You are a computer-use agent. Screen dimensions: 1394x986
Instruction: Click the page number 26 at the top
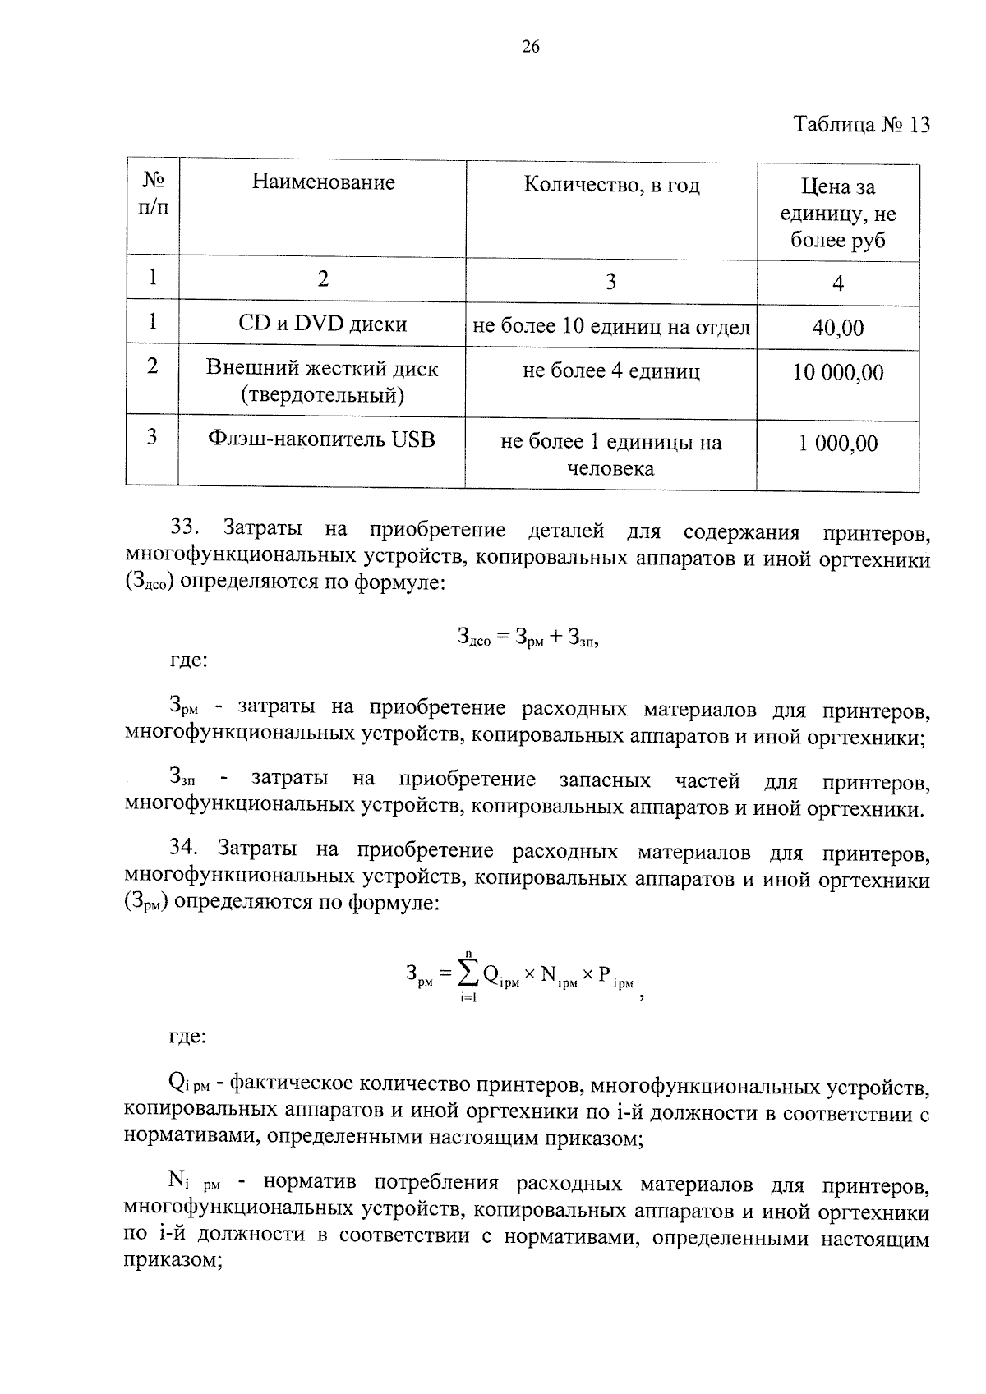(x=530, y=47)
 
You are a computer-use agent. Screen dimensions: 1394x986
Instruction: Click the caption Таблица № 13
(x=862, y=125)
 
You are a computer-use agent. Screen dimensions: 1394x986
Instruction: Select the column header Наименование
(x=323, y=182)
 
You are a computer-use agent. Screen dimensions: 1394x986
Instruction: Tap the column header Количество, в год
(x=611, y=186)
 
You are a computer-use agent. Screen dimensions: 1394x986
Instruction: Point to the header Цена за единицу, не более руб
(x=837, y=214)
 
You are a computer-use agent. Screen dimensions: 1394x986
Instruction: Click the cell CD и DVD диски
(x=323, y=324)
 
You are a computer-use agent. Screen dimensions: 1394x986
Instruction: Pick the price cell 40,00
(x=837, y=329)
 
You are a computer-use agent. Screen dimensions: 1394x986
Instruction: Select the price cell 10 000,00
(x=837, y=373)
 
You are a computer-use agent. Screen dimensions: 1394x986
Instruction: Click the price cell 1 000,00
(x=837, y=444)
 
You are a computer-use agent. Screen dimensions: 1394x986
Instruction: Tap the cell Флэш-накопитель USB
(x=321, y=439)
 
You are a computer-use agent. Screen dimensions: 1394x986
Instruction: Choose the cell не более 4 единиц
(x=611, y=372)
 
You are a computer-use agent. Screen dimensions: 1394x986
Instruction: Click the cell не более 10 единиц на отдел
(x=611, y=328)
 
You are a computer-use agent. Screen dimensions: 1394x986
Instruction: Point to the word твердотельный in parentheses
(x=322, y=396)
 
